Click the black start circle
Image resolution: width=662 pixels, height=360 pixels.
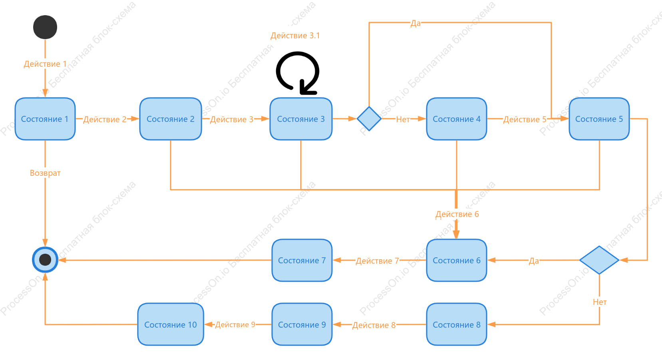tap(45, 27)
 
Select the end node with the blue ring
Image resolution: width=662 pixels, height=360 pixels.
tap(45, 259)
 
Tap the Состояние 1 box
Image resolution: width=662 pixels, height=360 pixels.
tap(45, 119)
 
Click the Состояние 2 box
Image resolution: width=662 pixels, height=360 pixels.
tap(171, 119)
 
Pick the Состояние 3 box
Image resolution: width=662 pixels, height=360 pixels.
tap(301, 119)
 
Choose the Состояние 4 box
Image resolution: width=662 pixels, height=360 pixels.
tap(457, 119)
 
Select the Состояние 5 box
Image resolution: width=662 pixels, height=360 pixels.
tap(599, 119)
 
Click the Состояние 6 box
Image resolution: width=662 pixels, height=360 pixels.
tap(457, 260)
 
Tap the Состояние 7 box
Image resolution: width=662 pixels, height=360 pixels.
tap(302, 260)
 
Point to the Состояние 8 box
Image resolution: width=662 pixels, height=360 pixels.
tap(457, 324)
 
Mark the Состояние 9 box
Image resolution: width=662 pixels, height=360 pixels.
tap(302, 324)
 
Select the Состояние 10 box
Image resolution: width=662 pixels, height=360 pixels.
tap(171, 324)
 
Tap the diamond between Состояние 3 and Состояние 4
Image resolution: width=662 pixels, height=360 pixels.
tap(369, 119)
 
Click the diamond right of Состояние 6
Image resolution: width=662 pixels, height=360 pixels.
tap(599, 260)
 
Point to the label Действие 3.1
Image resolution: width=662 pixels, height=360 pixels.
tap(295, 36)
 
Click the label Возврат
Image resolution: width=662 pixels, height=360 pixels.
tap(45, 173)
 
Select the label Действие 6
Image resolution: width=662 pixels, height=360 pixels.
tap(457, 214)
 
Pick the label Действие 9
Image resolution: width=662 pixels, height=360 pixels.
tap(235, 324)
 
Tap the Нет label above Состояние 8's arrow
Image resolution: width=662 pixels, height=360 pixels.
tap(600, 302)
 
